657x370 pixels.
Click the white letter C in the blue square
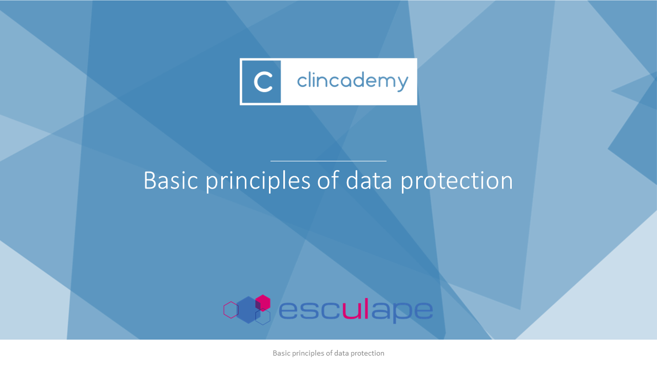(x=263, y=82)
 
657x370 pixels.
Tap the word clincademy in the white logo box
(x=353, y=81)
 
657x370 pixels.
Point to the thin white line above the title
(x=328, y=161)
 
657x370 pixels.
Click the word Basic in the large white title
(x=171, y=180)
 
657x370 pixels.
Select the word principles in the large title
(x=258, y=181)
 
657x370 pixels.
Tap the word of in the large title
(x=328, y=180)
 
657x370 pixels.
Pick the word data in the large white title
(x=369, y=180)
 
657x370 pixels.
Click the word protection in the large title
(x=456, y=181)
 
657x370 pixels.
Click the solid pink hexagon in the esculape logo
(x=263, y=303)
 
